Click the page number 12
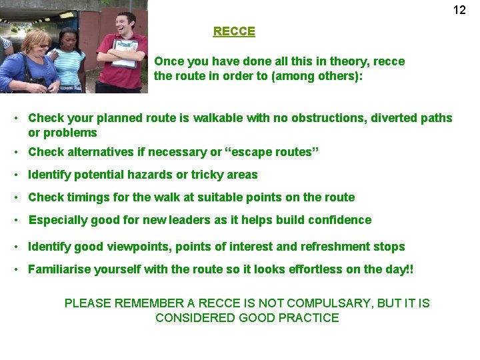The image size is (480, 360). coord(459,9)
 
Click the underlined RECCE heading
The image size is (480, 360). coord(234,31)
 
